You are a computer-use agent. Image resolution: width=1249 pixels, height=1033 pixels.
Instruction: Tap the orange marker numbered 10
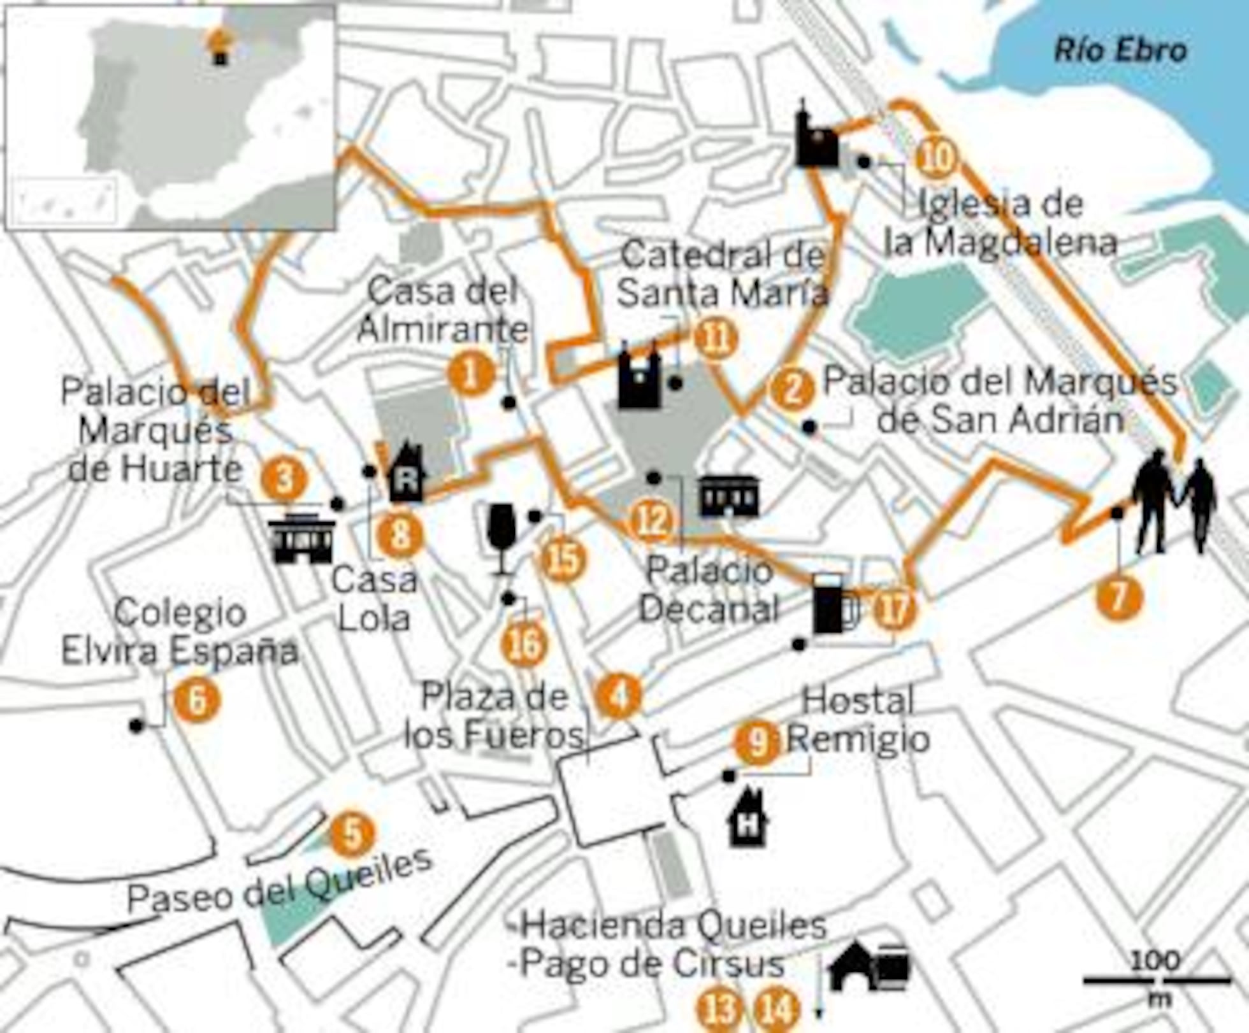(x=937, y=157)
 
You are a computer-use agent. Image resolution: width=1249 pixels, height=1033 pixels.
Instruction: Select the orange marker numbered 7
(x=1120, y=597)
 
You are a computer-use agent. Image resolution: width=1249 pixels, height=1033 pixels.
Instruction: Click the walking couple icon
(x=1174, y=501)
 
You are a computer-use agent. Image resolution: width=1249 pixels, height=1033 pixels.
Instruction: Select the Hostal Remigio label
(x=858, y=720)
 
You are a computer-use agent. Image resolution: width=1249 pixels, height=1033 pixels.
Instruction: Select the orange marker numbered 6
(x=197, y=700)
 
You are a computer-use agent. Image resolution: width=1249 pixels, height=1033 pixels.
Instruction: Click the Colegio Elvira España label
(x=180, y=632)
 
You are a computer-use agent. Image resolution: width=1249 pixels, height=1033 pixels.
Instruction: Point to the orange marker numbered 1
(x=471, y=374)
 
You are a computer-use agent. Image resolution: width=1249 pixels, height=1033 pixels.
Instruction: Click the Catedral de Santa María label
(x=723, y=274)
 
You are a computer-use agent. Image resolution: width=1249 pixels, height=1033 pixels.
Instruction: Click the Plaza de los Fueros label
(x=495, y=716)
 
